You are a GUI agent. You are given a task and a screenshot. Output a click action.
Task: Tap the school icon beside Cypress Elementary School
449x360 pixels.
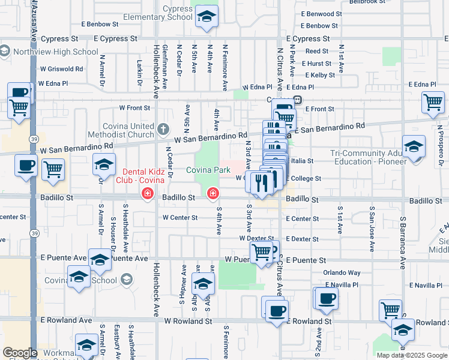[207, 18]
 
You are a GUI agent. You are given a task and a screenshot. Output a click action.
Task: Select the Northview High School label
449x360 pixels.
[55, 52]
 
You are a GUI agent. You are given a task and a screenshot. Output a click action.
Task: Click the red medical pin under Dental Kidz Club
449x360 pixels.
[146, 193]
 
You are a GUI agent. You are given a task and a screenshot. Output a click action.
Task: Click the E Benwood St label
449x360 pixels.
[321, 13]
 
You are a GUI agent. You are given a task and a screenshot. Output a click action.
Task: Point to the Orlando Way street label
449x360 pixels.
[342, 272]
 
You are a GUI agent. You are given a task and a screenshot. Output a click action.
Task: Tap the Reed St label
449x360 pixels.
[317, 51]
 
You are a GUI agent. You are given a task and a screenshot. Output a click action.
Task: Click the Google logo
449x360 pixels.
[20, 353]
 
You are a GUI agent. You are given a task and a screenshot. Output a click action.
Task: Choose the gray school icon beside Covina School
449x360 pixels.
[126, 279]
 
